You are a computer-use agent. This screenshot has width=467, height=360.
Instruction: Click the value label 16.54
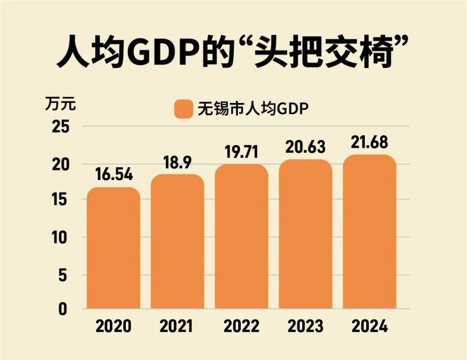coord(113,175)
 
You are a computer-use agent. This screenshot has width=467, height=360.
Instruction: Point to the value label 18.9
coord(177,162)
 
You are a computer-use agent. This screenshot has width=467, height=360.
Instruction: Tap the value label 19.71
coord(241,152)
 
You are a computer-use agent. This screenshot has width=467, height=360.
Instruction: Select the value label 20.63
coord(305,147)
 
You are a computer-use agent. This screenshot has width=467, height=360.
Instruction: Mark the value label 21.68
coord(370,142)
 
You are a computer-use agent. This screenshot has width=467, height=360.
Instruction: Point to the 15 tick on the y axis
coord(61,200)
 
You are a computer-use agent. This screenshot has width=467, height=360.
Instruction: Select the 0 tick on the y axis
coord(64,309)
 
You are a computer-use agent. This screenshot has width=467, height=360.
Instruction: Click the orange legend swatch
coord(183,109)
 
